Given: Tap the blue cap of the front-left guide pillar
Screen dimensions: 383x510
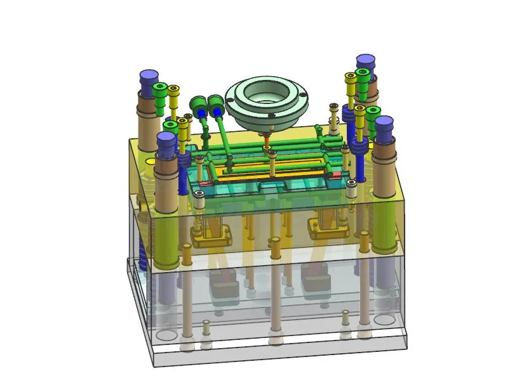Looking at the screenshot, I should click(x=167, y=142).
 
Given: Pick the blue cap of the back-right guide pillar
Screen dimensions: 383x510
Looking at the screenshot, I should click(x=365, y=64).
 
